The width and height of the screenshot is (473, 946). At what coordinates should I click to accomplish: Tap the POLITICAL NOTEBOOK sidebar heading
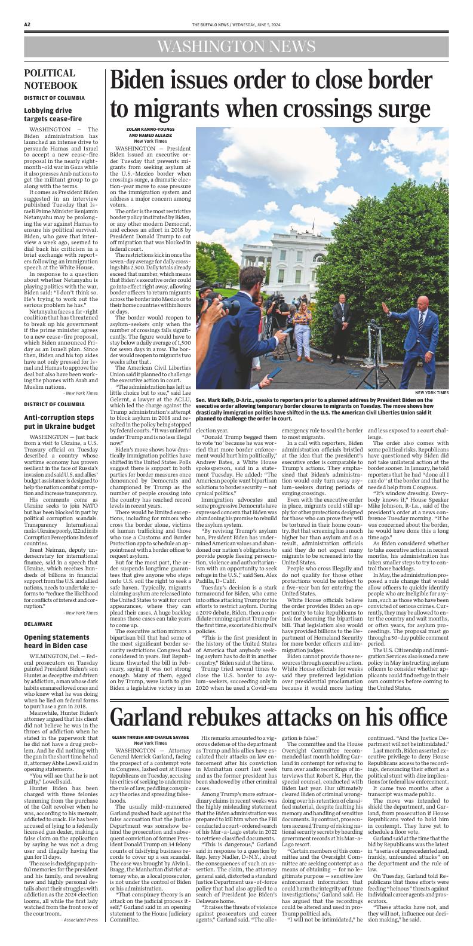point(51,79)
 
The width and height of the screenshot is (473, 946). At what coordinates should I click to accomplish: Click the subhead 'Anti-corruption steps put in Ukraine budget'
point(59,422)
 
